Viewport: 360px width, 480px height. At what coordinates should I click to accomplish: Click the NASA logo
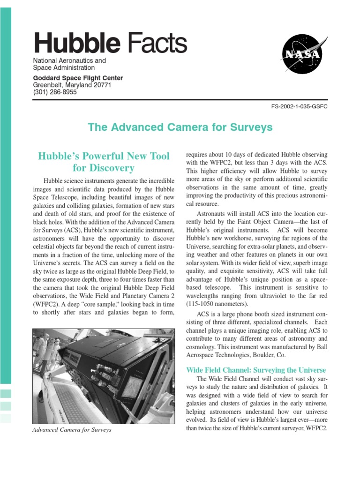[x=302, y=55]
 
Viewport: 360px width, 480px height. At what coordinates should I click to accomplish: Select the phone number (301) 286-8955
[x=55, y=92]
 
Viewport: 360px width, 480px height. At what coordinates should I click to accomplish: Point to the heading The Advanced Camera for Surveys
[x=180, y=127]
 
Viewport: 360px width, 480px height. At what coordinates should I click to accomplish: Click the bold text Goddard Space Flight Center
[x=78, y=78]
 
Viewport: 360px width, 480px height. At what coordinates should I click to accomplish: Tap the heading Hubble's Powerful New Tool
[x=104, y=156]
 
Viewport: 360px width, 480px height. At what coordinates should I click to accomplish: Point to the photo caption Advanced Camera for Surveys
[x=72, y=429]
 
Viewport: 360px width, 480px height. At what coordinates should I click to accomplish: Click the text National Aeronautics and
[x=69, y=61]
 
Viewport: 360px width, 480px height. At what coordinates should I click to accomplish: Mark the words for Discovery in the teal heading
[x=104, y=168]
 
